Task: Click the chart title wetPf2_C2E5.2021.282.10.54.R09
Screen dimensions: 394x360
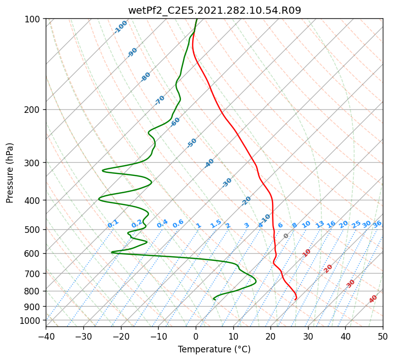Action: tap(215, 11)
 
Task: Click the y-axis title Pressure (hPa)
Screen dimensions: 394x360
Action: tap(9, 173)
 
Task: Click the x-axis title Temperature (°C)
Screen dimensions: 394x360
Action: tap(215, 349)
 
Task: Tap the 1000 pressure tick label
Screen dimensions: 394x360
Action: tap(32, 320)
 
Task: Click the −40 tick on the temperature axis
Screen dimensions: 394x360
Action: tap(46, 336)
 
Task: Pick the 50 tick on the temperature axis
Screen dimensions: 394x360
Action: tap(383, 336)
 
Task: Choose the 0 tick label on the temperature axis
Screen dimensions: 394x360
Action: tap(196, 336)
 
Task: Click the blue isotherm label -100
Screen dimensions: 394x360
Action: tap(120, 27)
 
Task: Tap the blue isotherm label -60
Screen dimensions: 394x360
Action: tap(175, 122)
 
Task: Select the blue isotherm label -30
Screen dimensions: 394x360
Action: tap(227, 183)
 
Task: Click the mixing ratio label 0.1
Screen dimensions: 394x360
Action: tap(113, 224)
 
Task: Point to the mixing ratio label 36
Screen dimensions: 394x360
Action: tap(377, 224)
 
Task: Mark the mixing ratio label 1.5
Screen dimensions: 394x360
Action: tap(216, 224)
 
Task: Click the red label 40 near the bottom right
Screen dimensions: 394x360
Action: tap(373, 299)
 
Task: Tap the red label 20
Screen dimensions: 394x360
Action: tap(328, 269)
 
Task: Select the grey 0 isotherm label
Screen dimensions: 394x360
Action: tap(286, 236)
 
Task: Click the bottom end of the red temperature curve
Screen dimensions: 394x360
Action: tap(295, 299)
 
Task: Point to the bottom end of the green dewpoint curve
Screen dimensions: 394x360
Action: tap(215, 299)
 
